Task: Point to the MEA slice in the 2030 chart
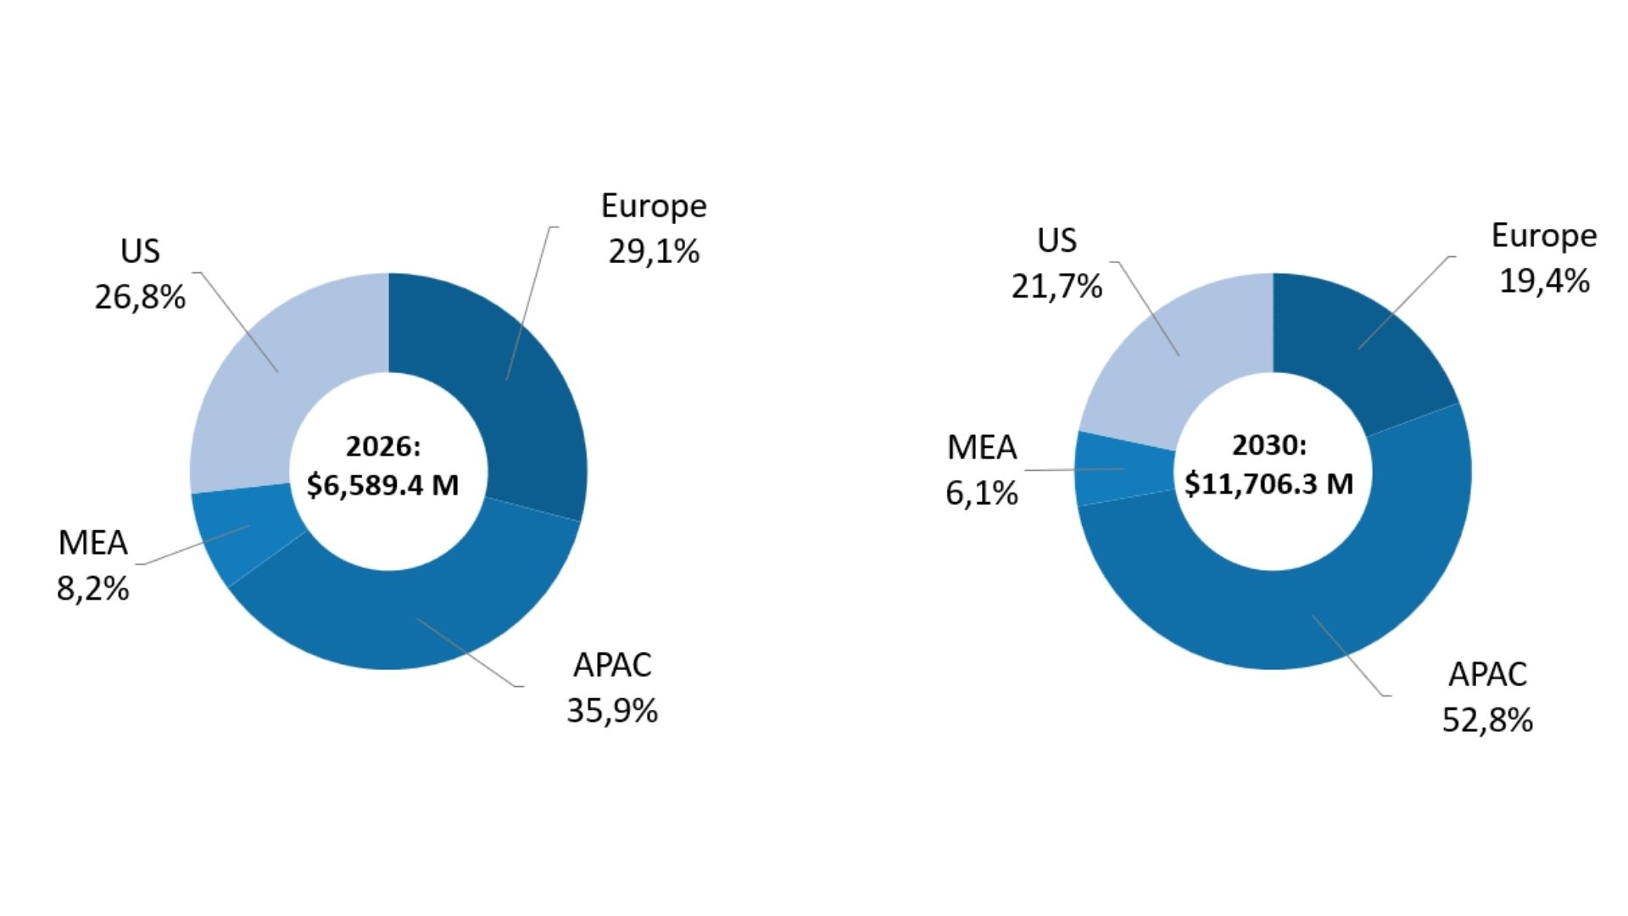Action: coord(1123,469)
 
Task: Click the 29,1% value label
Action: coord(654,252)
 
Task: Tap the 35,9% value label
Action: coord(612,711)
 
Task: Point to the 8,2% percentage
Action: coord(93,589)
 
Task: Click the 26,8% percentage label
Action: coord(140,298)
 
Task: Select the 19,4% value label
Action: coord(1544,281)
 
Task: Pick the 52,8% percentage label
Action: coord(1487,721)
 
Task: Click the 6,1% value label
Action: coord(982,493)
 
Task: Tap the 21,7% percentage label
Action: coord(1057,287)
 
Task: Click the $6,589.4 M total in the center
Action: coord(382,485)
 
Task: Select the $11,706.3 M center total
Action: coord(1269,483)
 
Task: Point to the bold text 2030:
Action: coord(1269,444)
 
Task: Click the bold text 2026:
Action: coord(383,446)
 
